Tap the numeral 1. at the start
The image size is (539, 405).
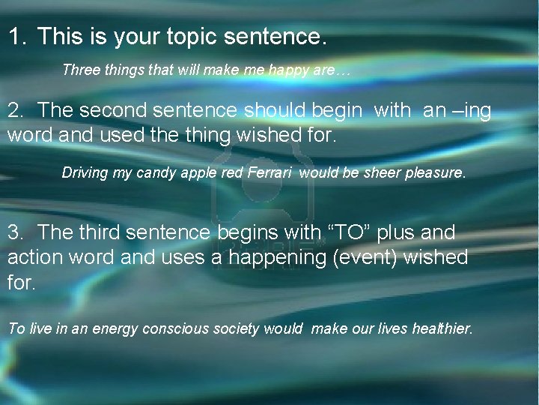pos(16,36)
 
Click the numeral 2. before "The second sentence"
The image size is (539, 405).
pos(16,111)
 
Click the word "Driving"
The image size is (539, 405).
pos(85,173)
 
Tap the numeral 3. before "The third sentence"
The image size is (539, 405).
pos(16,232)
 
